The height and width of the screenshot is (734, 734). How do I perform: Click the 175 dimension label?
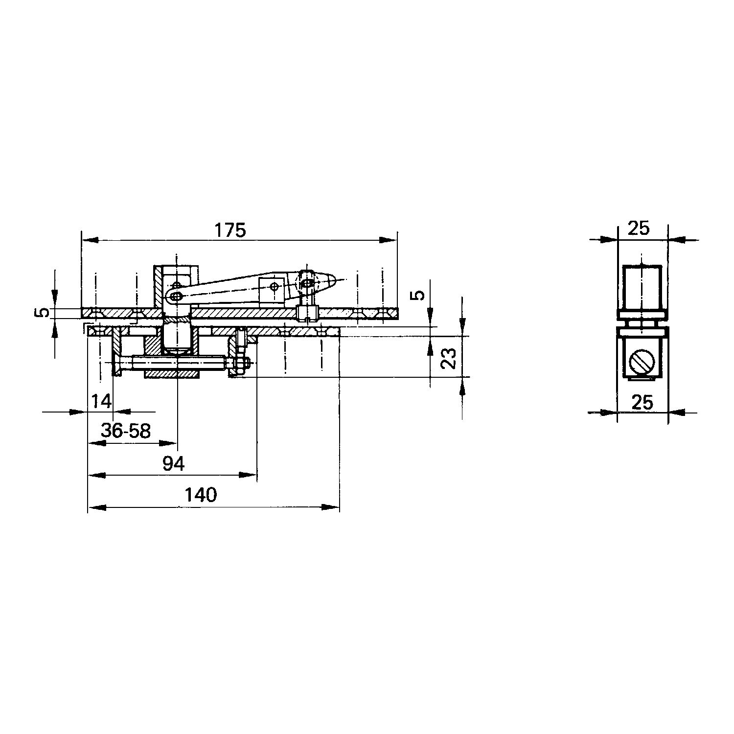click(230, 230)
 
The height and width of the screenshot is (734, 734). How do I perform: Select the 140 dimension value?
click(201, 495)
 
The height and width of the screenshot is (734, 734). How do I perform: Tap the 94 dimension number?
click(174, 463)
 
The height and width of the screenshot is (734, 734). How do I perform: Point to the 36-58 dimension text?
click(126, 431)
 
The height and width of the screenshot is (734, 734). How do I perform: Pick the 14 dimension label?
click(101, 401)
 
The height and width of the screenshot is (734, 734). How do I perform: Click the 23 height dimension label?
click(449, 358)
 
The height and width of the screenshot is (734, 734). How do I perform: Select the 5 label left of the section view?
click(44, 312)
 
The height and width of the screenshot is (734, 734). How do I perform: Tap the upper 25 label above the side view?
click(638, 228)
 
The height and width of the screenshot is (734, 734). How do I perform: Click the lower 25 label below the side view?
click(642, 402)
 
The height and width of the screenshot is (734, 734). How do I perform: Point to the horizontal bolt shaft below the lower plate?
click(176, 363)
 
